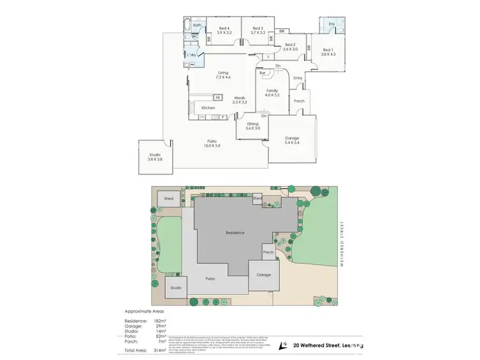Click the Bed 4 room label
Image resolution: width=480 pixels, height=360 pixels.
pyautogui.click(x=223, y=31)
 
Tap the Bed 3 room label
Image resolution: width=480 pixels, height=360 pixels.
pyautogui.click(x=257, y=31)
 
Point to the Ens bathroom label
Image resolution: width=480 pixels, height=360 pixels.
pyautogui.click(x=331, y=24)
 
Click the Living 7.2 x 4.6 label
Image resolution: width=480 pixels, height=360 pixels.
pyautogui.click(x=223, y=75)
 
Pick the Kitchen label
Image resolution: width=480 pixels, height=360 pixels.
pyautogui.click(x=208, y=107)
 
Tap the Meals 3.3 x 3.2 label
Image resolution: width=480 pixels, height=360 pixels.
pyautogui.click(x=239, y=100)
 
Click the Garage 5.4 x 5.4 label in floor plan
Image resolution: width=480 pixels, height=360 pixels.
pyautogui.click(x=292, y=141)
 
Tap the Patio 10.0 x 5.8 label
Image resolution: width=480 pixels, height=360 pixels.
pyautogui.click(x=211, y=144)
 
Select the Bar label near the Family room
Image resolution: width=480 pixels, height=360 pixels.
pyautogui.click(x=263, y=74)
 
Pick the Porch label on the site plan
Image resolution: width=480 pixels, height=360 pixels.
pyautogui.click(x=269, y=252)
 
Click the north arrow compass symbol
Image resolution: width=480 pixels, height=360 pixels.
pyautogui.click(x=283, y=346)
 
